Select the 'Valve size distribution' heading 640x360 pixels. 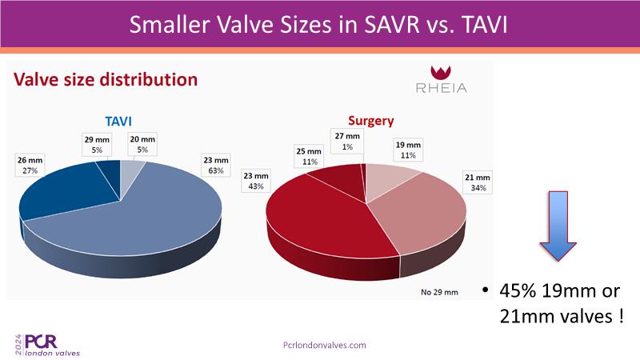(x=105, y=80)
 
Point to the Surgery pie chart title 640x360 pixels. (x=371, y=121)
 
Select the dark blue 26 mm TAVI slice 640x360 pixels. (x=68, y=190)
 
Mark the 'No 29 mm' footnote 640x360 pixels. (x=438, y=291)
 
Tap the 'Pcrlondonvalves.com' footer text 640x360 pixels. (x=325, y=345)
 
